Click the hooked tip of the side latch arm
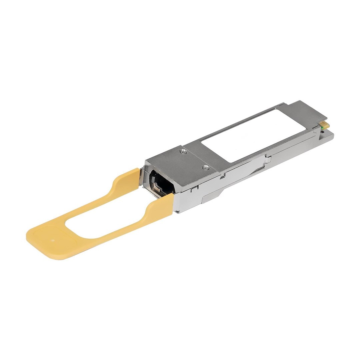tap(267, 160)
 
